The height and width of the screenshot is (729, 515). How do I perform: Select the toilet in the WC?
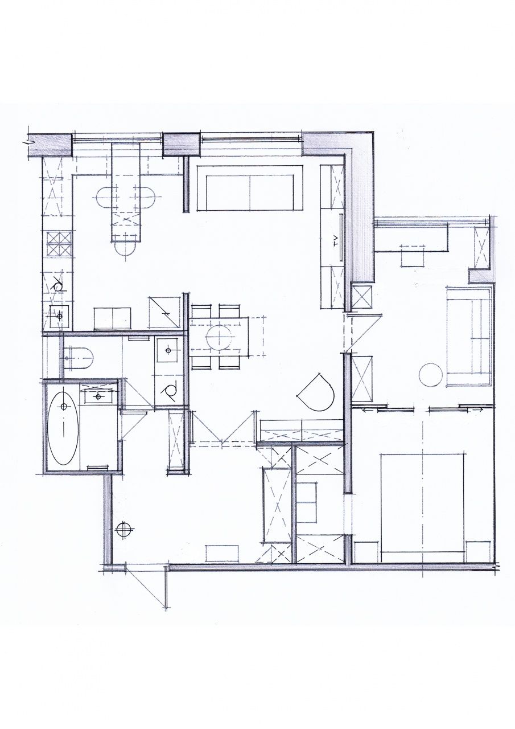(x=79, y=358)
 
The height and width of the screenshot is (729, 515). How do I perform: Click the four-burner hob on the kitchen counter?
(x=59, y=243)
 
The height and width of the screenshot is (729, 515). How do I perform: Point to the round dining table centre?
(x=220, y=337)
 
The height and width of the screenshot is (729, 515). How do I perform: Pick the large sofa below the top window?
(x=250, y=188)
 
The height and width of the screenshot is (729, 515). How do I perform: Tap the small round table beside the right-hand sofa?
(x=430, y=375)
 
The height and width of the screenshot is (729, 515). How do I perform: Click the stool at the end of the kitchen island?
(x=126, y=251)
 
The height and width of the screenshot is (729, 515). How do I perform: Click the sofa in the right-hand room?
(x=469, y=336)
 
